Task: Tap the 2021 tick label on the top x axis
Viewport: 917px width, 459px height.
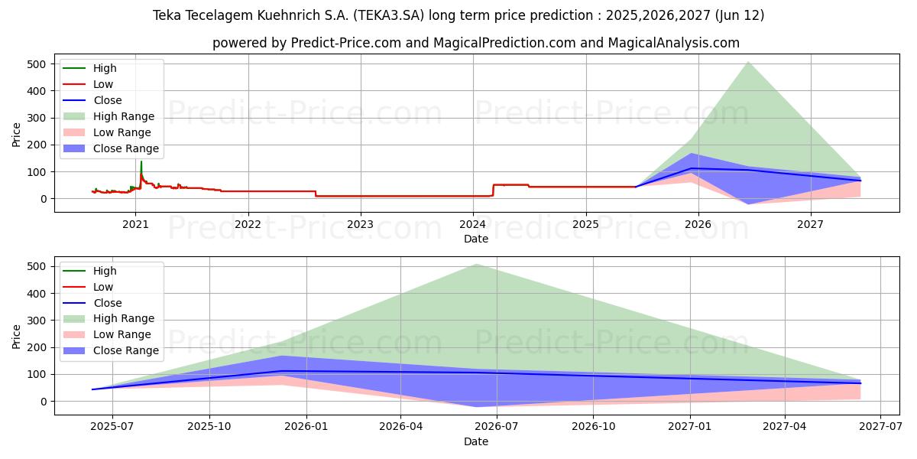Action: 135,224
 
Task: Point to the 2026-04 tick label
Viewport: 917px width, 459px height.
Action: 400,427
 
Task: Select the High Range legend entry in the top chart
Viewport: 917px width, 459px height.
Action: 123,116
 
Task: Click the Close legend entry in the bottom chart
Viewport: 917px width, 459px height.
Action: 107,303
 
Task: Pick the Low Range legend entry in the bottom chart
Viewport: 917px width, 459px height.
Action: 122,334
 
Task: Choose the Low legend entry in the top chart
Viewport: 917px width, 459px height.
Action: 103,84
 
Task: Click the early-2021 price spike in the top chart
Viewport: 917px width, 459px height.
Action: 141,163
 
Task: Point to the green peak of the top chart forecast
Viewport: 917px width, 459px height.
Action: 747,62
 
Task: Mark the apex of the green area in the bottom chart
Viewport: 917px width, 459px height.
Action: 476,265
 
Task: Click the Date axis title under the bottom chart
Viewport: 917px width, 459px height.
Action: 475,441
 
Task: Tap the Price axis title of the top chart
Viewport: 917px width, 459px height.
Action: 17,134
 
